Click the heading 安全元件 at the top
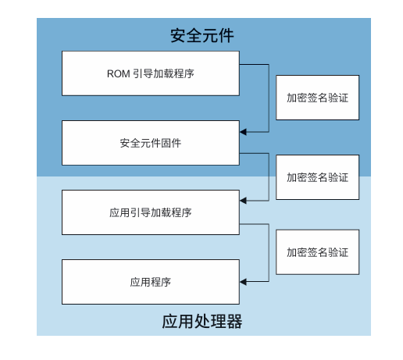pyautogui.click(x=202, y=36)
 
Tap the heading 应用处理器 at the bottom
pyautogui.click(x=202, y=321)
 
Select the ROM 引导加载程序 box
pyautogui.click(x=151, y=74)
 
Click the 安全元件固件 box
pyautogui.click(x=151, y=143)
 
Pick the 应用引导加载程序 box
pyautogui.click(x=151, y=212)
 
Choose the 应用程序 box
pyautogui.click(x=151, y=281)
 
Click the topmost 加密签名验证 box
pyautogui.click(x=317, y=98)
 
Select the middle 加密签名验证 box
pyautogui.click(x=317, y=176)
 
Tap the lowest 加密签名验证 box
pyautogui.click(x=317, y=251)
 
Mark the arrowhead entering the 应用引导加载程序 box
pyautogui.click(x=244, y=201)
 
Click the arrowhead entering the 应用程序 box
pyautogui.click(x=244, y=280)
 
